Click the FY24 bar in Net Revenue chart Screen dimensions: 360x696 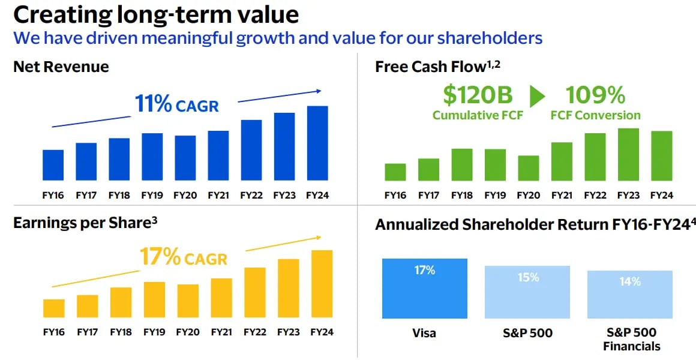pos(317,143)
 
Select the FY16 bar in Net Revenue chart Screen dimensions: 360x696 pos(53,165)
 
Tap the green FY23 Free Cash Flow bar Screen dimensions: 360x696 pos(628,154)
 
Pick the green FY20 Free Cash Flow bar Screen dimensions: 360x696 pos(528,168)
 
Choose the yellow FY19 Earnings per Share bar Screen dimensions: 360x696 pos(154,299)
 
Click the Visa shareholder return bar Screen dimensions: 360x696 pos(424,289)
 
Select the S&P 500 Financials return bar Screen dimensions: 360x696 pos(630,294)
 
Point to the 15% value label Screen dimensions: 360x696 pos(528,278)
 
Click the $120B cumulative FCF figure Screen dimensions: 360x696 pos(478,95)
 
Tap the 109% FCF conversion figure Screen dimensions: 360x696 pos(595,95)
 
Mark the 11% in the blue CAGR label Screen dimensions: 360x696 pos(153,104)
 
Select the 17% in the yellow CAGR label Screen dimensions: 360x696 pos(160,257)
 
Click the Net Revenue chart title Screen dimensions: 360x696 pos(61,67)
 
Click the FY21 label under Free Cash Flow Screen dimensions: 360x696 pos(562,196)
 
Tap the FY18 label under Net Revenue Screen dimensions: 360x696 pos(119,196)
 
